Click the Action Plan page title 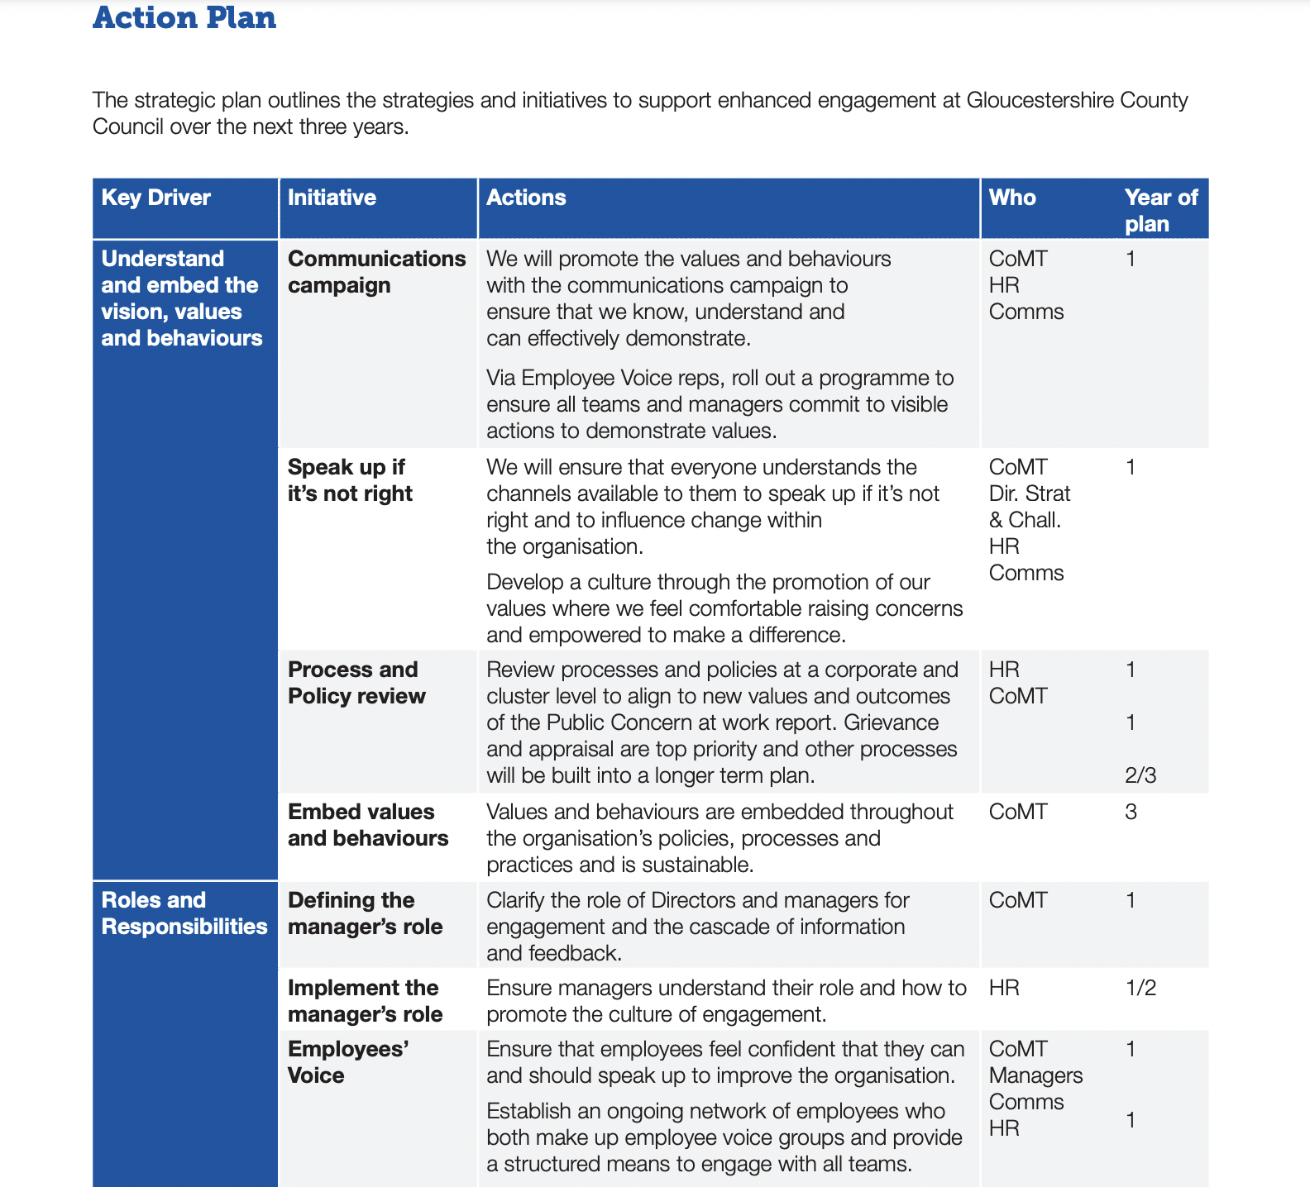[184, 18]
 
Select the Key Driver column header [155, 198]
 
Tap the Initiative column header [332, 198]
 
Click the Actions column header [526, 198]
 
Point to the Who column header [1012, 198]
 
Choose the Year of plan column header [1160, 210]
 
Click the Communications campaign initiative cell [376, 272]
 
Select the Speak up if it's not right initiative [350, 480]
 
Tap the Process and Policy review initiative [356, 683]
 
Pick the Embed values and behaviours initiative [368, 825]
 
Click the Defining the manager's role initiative [365, 913]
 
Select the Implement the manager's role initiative [365, 1001]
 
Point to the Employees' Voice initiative [348, 1062]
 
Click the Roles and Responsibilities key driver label [184, 913]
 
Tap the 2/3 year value [1140, 775]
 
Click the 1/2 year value [1140, 988]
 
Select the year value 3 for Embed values [1131, 812]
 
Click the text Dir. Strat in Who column [1030, 493]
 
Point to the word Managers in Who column [1035, 1075]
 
